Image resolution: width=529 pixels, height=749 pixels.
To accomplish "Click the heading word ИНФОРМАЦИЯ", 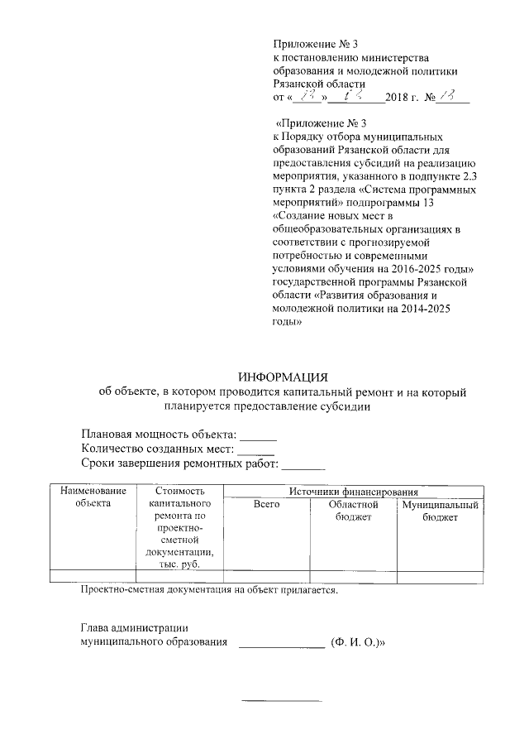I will click(x=283, y=377).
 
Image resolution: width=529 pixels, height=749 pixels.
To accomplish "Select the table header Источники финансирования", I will click(x=353, y=492).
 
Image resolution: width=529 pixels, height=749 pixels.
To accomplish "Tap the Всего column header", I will click(x=266, y=504).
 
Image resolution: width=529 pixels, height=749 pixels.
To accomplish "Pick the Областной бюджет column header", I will click(x=353, y=510).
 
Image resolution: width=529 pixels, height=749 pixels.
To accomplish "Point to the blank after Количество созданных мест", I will click(x=255, y=452).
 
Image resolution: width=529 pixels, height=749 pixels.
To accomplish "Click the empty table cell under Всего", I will click(x=266, y=577).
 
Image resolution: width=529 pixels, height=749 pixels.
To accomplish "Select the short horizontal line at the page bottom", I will click(x=281, y=701).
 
